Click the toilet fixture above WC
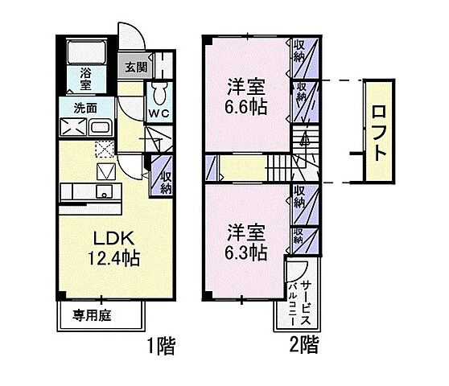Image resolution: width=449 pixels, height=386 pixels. [158, 88]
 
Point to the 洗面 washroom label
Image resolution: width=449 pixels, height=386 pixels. [86, 108]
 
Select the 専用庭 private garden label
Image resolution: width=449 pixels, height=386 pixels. [94, 314]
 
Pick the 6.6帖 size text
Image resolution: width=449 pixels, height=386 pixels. [245, 105]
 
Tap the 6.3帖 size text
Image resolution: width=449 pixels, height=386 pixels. [245, 253]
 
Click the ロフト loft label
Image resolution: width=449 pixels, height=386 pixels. [381, 130]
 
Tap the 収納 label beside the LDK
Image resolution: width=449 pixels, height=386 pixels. [164, 183]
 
